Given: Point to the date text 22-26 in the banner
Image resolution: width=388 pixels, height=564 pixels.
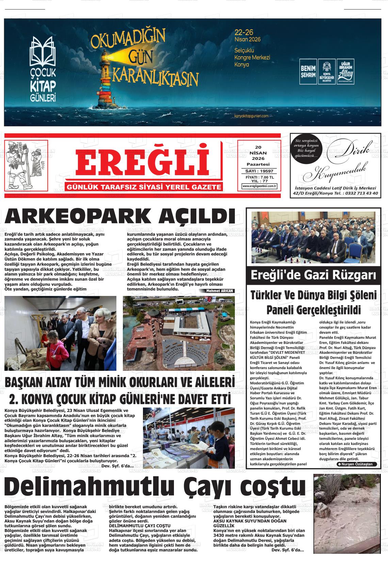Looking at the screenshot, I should [244, 32].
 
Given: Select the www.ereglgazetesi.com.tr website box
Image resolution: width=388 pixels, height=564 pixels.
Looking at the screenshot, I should [259, 186].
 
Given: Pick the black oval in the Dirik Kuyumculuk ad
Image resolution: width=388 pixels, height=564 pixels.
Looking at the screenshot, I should [306, 148].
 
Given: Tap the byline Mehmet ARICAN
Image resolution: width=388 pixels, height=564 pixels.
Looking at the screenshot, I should [220, 291].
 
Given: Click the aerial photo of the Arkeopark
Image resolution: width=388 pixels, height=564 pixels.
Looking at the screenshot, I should [179, 333].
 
